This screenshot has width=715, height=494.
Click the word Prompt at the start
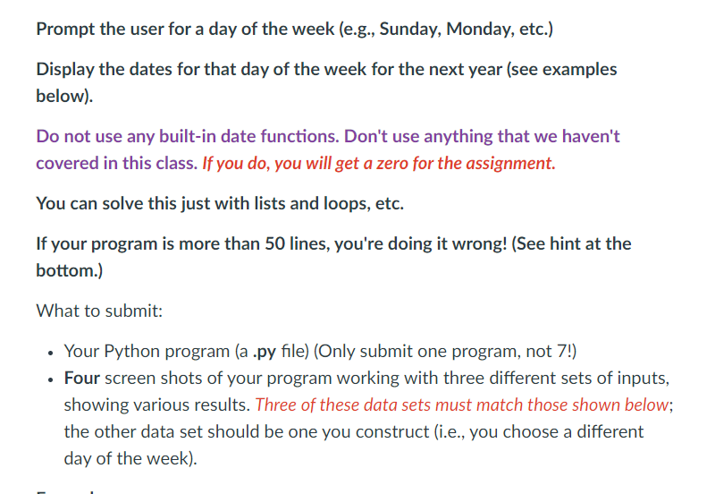coord(66,29)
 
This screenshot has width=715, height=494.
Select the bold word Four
coord(81,379)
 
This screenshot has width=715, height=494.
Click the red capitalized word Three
coord(277,405)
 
